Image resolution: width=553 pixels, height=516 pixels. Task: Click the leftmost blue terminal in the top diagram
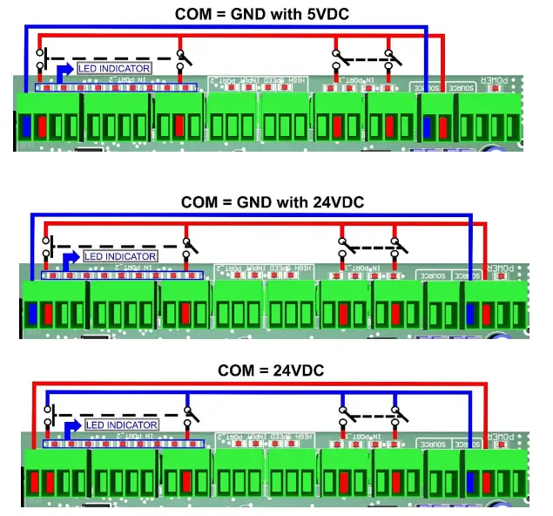[x=25, y=126]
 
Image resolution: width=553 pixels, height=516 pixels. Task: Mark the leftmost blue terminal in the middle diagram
[x=32, y=313]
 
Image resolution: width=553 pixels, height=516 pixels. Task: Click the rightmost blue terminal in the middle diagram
[x=471, y=313]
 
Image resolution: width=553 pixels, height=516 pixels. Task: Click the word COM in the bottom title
[x=236, y=370]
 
